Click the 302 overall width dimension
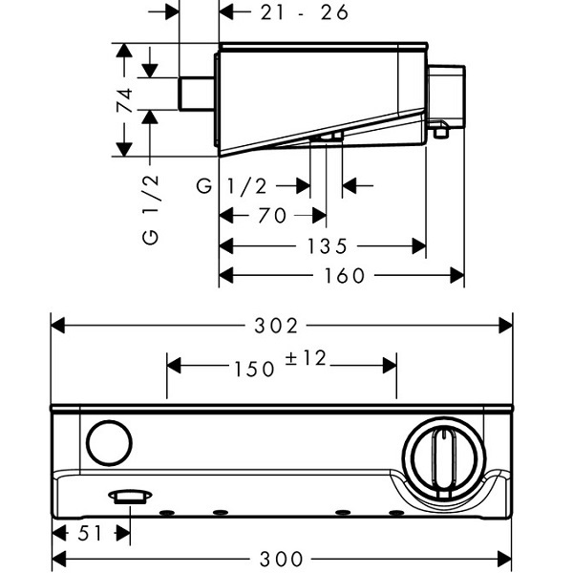pos(276,326)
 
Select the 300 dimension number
pos(282,559)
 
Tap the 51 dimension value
pos(90,534)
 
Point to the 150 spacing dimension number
pos(254,369)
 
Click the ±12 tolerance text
pos(306,358)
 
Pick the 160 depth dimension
pos(345,276)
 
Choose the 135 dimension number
pos(327,246)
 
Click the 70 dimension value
pos(272,216)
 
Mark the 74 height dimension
pos(124,99)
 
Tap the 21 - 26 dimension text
pos(304,12)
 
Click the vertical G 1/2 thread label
pos(150,210)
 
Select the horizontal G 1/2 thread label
pos(232,186)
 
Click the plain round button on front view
pos(109,443)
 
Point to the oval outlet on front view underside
pos(130,497)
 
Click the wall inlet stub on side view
pos(196,94)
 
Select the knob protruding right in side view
pos(445,96)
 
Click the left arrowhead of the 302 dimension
pos(58,326)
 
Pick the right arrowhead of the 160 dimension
pos(456,275)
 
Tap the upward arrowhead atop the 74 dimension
pos(124,50)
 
